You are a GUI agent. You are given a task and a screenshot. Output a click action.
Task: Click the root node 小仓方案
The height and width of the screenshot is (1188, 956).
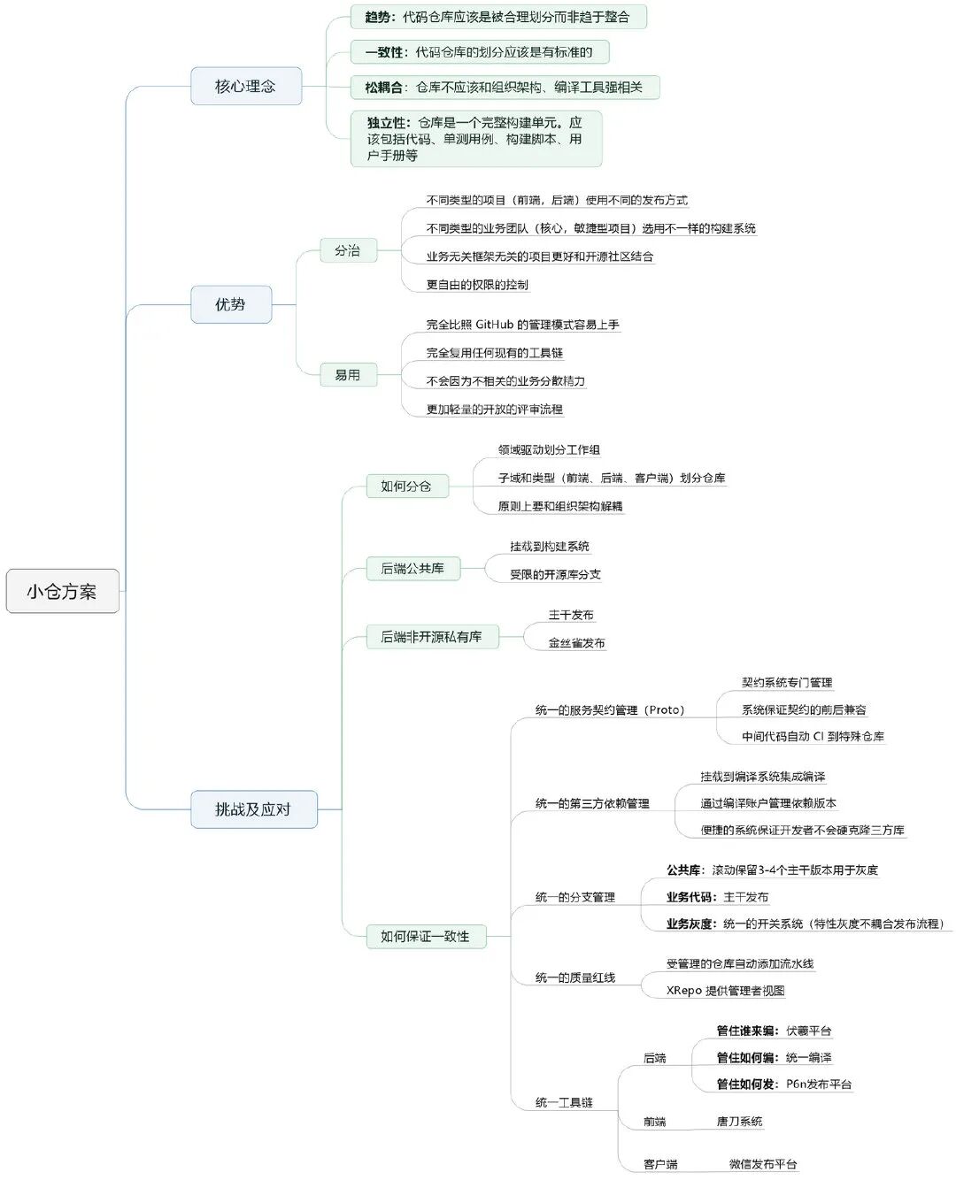click(62, 592)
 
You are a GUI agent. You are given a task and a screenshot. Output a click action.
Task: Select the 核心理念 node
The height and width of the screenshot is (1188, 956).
click(245, 86)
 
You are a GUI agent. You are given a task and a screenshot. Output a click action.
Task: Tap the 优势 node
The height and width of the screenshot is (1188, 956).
click(230, 304)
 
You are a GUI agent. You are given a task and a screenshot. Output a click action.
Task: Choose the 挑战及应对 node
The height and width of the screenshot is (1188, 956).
click(253, 809)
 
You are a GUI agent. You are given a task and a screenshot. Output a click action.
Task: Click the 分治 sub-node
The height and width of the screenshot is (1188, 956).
click(347, 250)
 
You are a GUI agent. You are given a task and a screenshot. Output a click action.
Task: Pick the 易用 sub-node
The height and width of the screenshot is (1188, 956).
click(347, 375)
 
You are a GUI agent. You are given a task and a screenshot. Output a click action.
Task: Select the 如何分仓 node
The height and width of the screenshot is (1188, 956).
click(406, 486)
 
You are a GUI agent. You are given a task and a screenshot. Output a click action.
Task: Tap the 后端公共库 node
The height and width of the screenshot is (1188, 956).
click(412, 568)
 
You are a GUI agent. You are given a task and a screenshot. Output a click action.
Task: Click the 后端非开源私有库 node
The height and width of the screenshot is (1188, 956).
click(431, 637)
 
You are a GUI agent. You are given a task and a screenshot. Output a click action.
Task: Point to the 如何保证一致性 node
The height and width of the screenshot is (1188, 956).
click(425, 936)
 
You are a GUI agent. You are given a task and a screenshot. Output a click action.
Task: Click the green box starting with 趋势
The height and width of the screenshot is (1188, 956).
click(497, 17)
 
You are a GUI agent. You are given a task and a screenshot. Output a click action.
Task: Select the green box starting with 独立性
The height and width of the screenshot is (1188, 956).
click(475, 139)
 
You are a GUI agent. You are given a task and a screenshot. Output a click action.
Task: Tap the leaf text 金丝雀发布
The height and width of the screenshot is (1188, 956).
click(576, 643)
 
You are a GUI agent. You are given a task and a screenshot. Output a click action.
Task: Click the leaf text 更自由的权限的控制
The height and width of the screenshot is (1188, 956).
click(477, 285)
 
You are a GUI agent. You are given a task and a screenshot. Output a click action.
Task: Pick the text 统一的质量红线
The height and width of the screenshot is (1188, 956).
click(575, 977)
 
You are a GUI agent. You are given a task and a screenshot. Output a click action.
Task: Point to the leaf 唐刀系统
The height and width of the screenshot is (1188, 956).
click(739, 1122)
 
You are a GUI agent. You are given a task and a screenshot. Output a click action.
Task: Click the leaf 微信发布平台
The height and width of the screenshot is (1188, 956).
click(763, 1164)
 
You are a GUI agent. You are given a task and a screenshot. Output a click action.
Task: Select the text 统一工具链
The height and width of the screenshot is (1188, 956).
click(564, 1102)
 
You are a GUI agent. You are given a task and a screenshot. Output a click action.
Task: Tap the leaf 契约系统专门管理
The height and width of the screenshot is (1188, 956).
click(787, 682)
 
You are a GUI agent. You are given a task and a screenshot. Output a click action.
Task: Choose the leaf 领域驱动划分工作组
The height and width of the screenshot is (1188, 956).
click(549, 450)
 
